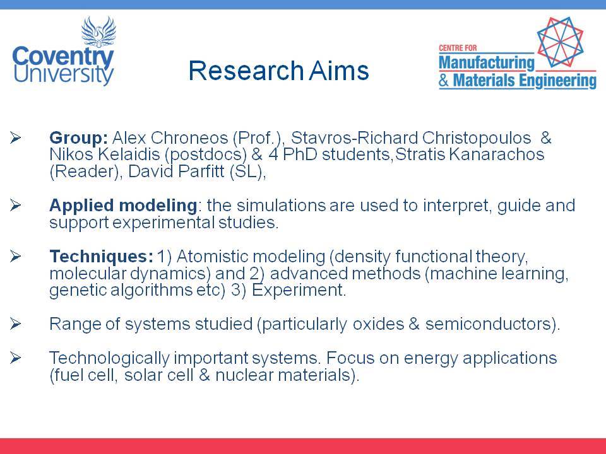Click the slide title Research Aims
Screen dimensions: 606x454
pyautogui.click(x=278, y=70)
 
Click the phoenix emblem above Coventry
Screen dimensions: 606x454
pyautogui.click(x=98, y=32)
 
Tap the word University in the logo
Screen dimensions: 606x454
pyautogui.click(x=64, y=74)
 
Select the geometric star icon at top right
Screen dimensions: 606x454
pyautogui.click(x=560, y=42)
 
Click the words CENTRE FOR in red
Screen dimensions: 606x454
pyautogui.click(x=458, y=48)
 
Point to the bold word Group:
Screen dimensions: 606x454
pyautogui.click(x=78, y=138)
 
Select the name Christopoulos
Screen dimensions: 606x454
pyautogui.click(x=477, y=138)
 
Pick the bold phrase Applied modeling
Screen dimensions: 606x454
pyautogui.click(x=123, y=206)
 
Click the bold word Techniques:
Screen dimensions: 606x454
pyautogui.click(x=102, y=257)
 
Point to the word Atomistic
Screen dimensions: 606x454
pyautogui.click(x=212, y=257)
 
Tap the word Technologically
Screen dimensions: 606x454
pyautogui.click(x=109, y=358)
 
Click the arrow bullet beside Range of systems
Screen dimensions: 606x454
pyautogui.click(x=15, y=324)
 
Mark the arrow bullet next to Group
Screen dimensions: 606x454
pyautogui.click(x=15, y=138)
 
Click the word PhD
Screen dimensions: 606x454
pyautogui.click(x=300, y=154)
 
